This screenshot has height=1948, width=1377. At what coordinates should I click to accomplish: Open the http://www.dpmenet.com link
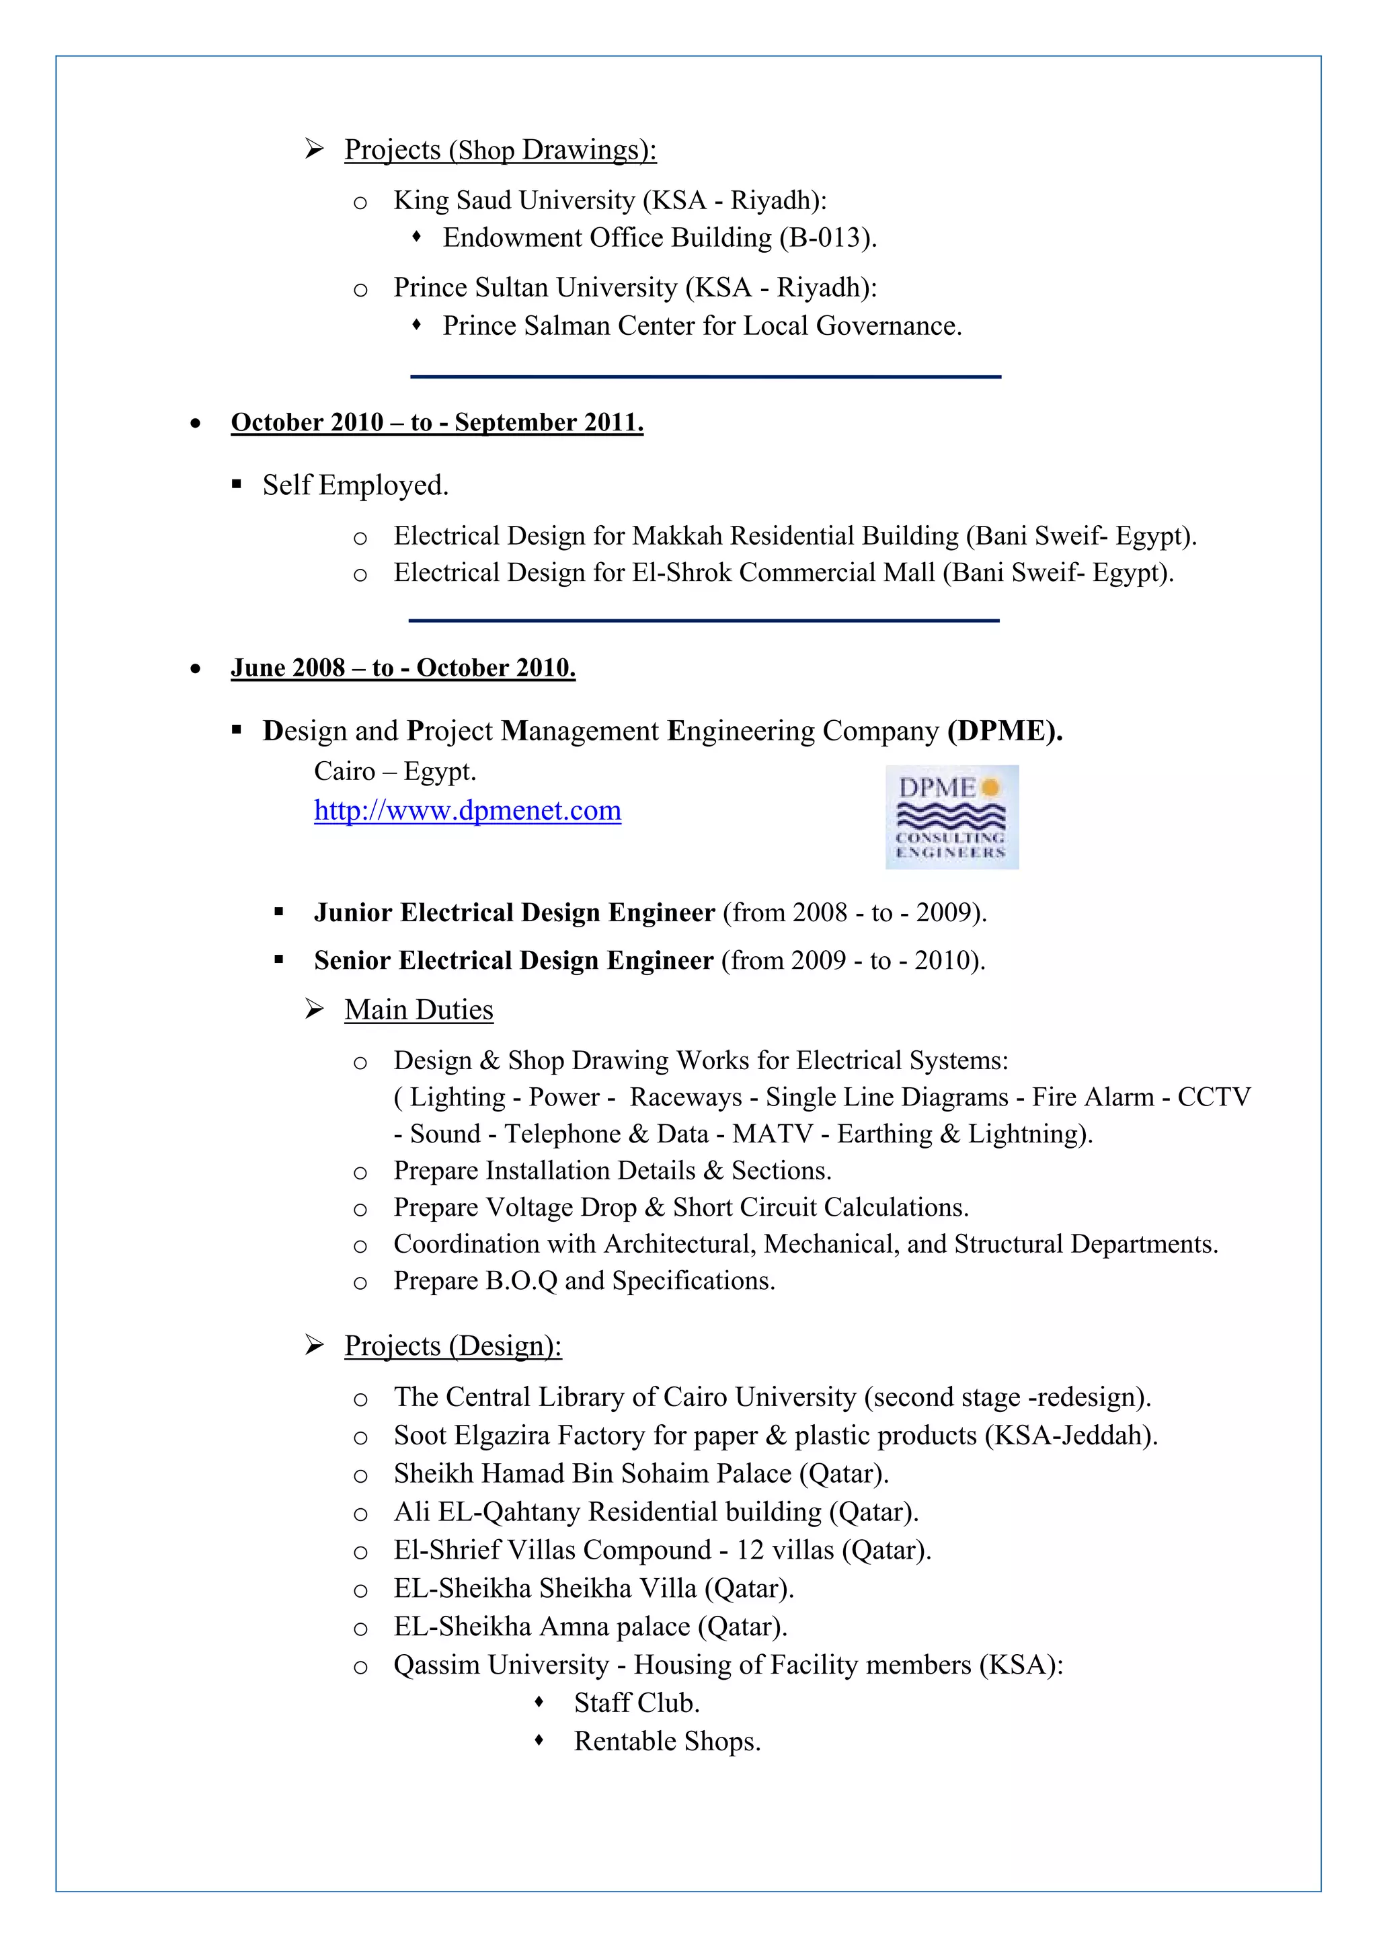(467, 810)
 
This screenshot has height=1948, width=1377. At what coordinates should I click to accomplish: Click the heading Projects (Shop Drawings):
(500, 150)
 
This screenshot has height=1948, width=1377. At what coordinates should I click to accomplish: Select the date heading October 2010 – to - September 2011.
(437, 422)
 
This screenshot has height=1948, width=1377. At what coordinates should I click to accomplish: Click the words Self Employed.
(356, 485)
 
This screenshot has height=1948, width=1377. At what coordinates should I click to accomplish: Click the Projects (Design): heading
(453, 1346)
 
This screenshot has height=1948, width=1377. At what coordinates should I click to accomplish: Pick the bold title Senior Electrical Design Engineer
(513, 960)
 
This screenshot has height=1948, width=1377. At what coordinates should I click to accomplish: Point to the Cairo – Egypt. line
(395, 771)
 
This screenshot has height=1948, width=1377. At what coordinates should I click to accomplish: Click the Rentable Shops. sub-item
(667, 1741)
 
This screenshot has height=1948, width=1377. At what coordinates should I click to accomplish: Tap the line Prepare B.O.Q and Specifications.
(584, 1280)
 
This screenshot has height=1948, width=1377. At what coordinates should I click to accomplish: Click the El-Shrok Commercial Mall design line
(783, 573)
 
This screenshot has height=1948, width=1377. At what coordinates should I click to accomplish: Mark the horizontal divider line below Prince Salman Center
(705, 377)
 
